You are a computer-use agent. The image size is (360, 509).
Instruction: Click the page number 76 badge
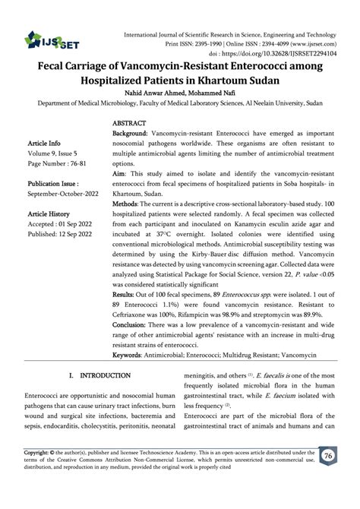coord(329,477)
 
